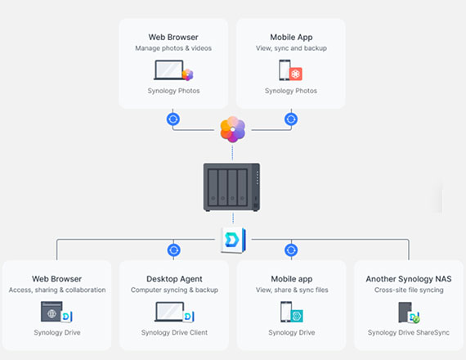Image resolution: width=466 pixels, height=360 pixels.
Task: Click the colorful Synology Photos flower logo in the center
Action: [x=233, y=129]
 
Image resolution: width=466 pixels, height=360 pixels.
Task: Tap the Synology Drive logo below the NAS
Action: [x=233, y=240]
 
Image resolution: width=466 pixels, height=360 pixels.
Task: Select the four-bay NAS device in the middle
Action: [x=231, y=187]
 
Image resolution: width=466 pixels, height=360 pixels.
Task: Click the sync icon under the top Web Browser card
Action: [x=173, y=119]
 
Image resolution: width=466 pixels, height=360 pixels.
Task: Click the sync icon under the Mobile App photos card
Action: [x=291, y=119]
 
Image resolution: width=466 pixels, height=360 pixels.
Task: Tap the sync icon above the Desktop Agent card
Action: [x=173, y=250]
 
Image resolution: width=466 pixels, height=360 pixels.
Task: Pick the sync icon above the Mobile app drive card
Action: [x=291, y=250]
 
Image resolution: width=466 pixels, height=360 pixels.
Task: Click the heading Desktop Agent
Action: [x=174, y=279]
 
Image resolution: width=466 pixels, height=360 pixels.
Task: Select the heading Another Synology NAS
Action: [x=409, y=279]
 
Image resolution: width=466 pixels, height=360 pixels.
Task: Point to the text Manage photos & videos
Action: [x=173, y=48]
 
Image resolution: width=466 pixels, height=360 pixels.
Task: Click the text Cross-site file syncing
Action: [x=409, y=290]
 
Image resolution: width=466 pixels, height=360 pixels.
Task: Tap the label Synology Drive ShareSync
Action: [x=409, y=332]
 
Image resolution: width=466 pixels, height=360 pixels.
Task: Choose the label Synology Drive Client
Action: [x=174, y=332]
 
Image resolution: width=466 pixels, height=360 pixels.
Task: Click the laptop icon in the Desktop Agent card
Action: [x=169, y=312]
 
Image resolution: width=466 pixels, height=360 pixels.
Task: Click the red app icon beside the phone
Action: [x=295, y=74]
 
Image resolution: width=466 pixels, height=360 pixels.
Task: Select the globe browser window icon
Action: [x=52, y=312]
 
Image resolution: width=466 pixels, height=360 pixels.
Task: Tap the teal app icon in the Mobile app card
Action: [x=296, y=316]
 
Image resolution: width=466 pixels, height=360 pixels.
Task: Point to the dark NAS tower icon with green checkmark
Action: [x=409, y=313]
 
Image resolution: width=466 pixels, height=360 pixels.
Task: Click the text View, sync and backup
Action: [x=291, y=48]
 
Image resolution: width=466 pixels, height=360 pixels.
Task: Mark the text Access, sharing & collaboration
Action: [x=57, y=290]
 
